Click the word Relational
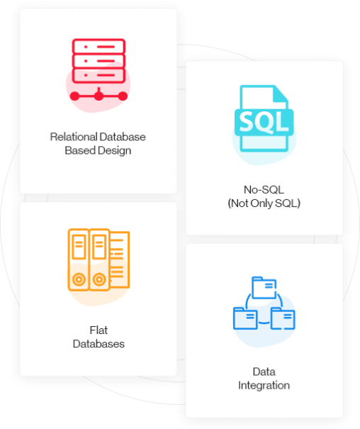point(74,137)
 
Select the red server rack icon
point(99,69)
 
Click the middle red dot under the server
point(99,96)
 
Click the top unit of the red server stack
point(99,47)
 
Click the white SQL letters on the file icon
point(264,122)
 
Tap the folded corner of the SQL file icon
point(281,94)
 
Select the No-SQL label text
point(264,189)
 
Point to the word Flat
point(99,330)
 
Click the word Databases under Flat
point(99,344)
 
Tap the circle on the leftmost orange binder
point(79,279)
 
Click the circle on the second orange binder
point(99,279)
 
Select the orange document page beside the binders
point(120,260)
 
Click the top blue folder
point(264,288)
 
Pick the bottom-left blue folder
point(245,318)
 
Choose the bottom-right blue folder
point(283,318)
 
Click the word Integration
point(264,386)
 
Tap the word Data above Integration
point(264,372)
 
